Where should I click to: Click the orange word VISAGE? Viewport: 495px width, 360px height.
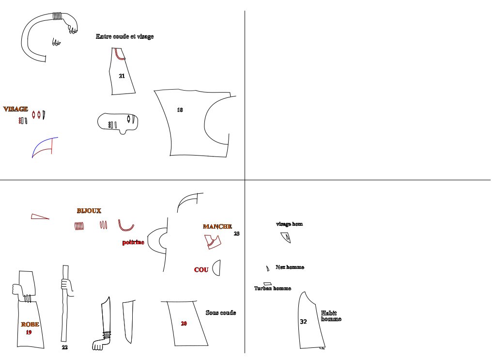[x=15, y=109]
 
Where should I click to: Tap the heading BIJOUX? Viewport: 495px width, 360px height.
[x=89, y=211]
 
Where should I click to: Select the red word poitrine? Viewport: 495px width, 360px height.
[x=133, y=242]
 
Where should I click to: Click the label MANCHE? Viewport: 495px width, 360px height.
[x=217, y=226]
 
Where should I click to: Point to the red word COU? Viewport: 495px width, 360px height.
[x=201, y=270]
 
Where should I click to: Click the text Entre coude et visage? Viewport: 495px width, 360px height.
[x=124, y=36]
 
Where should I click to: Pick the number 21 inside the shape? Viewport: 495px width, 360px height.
[x=122, y=76]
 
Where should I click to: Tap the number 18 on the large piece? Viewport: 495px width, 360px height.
[x=180, y=110]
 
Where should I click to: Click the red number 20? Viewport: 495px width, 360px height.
[x=184, y=323]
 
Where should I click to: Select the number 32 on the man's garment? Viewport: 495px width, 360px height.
[x=303, y=321]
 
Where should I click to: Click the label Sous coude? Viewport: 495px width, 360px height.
[x=221, y=313]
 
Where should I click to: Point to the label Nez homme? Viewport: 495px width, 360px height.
[x=290, y=267]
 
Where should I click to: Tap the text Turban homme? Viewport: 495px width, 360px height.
[x=272, y=288]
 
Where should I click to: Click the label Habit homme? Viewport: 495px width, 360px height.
[x=331, y=316]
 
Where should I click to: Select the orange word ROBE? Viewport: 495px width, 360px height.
[x=30, y=324]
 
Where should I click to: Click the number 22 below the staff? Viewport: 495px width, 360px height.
[x=65, y=347]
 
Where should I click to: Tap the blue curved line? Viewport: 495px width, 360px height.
[x=43, y=143]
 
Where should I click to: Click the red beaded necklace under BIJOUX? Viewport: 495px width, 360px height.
[x=125, y=227]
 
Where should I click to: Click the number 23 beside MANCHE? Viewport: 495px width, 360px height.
[x=237, y=234]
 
